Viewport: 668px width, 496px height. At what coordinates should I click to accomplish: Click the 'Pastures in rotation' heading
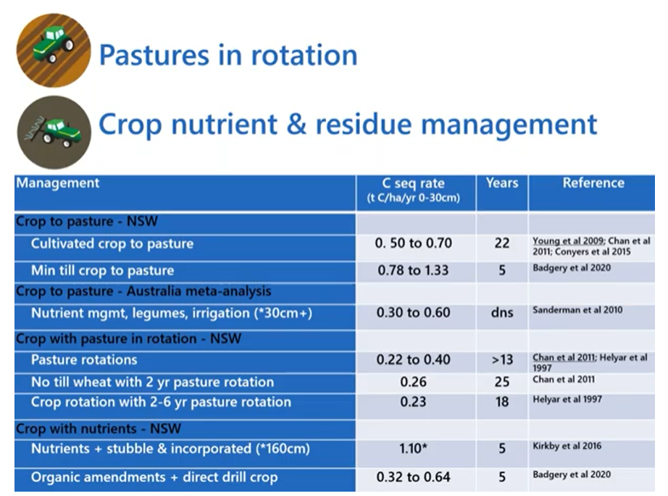(228, 55)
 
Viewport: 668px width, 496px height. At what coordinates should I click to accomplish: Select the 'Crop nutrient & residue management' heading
(348, 124)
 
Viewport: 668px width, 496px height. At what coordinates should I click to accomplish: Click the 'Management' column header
(57, 183)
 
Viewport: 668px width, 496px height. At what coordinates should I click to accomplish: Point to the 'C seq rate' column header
(413, 183)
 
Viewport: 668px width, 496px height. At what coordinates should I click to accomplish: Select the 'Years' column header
(502, 183)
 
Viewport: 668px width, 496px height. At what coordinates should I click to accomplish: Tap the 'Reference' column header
(593, 183)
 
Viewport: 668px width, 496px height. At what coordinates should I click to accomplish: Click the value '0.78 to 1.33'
(413, 270)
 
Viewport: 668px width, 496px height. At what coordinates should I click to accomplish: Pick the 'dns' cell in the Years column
(502, 313)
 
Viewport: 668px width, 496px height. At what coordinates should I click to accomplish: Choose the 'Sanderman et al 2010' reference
(577, 310)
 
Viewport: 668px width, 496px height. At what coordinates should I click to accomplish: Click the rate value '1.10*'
(413, 448)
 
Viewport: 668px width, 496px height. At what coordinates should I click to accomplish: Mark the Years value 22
(502, 243)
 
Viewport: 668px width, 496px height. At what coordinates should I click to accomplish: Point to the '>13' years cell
(502, 360)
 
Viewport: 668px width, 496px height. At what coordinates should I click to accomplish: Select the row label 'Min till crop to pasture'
(103, 270)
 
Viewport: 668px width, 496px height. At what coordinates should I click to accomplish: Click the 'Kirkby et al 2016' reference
(567, 446)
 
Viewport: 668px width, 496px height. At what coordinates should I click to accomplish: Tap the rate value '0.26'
(413, 382)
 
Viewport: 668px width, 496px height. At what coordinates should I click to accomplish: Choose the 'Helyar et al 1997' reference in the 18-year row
(567, 400)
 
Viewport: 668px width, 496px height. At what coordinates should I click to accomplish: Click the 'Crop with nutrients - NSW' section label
(99, 429)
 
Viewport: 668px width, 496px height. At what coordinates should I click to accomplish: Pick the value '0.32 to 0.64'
(413, 477)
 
